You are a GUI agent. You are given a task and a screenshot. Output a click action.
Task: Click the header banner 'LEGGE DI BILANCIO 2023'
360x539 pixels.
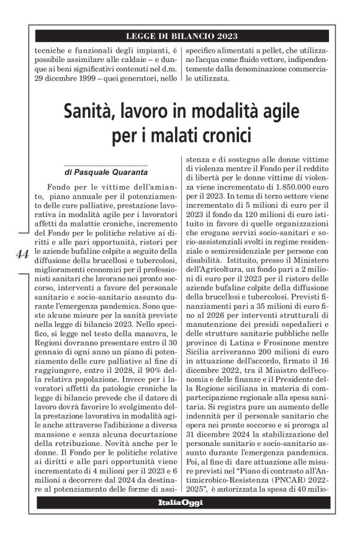(182, 37)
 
